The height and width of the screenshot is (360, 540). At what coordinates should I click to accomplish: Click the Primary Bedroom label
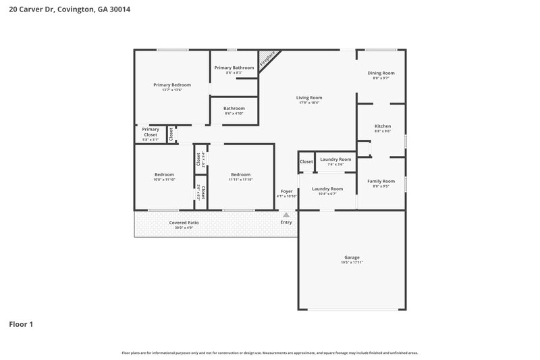coord(172,84)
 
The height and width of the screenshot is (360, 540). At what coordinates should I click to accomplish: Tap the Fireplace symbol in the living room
coord(268,59)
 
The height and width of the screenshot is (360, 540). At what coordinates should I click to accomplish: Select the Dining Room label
coord(381,73)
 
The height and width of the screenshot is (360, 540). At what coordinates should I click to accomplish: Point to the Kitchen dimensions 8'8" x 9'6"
coord(383,132)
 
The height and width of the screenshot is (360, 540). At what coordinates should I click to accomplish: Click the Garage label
coord(352,257)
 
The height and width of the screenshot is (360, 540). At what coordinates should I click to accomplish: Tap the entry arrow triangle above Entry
coord(286,215)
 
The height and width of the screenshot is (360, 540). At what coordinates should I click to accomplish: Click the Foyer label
coord(286,191)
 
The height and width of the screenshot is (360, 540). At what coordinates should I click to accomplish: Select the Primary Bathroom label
coord(234,68)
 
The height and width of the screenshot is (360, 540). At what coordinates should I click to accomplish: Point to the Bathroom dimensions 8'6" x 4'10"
coord(234,113)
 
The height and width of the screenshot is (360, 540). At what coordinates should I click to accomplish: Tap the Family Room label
coord(381,181)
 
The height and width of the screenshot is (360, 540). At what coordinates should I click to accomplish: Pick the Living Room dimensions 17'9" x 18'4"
coord(308,103)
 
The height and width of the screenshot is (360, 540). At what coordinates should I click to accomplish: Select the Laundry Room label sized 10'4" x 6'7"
coord(327,188)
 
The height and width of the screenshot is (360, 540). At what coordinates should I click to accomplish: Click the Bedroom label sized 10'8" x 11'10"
coord(164,174)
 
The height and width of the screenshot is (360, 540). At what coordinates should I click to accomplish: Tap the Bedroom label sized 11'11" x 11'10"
coord(240,174)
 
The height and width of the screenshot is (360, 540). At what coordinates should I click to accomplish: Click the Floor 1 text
coord(21,324)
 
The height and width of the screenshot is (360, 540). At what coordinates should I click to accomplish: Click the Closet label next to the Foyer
coord(306,161)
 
